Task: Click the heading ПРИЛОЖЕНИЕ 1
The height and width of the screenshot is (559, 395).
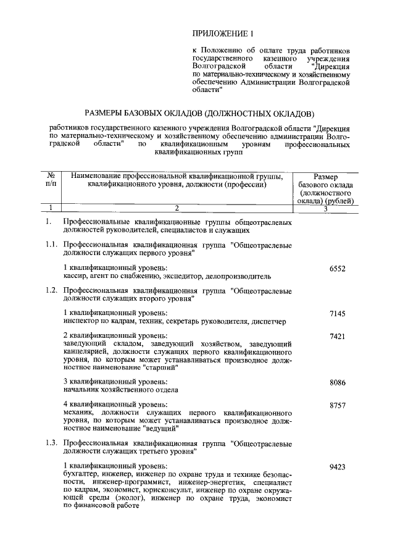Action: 223,33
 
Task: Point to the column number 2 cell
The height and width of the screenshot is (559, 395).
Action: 177,208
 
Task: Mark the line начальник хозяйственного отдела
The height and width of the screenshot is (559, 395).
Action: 121,390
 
